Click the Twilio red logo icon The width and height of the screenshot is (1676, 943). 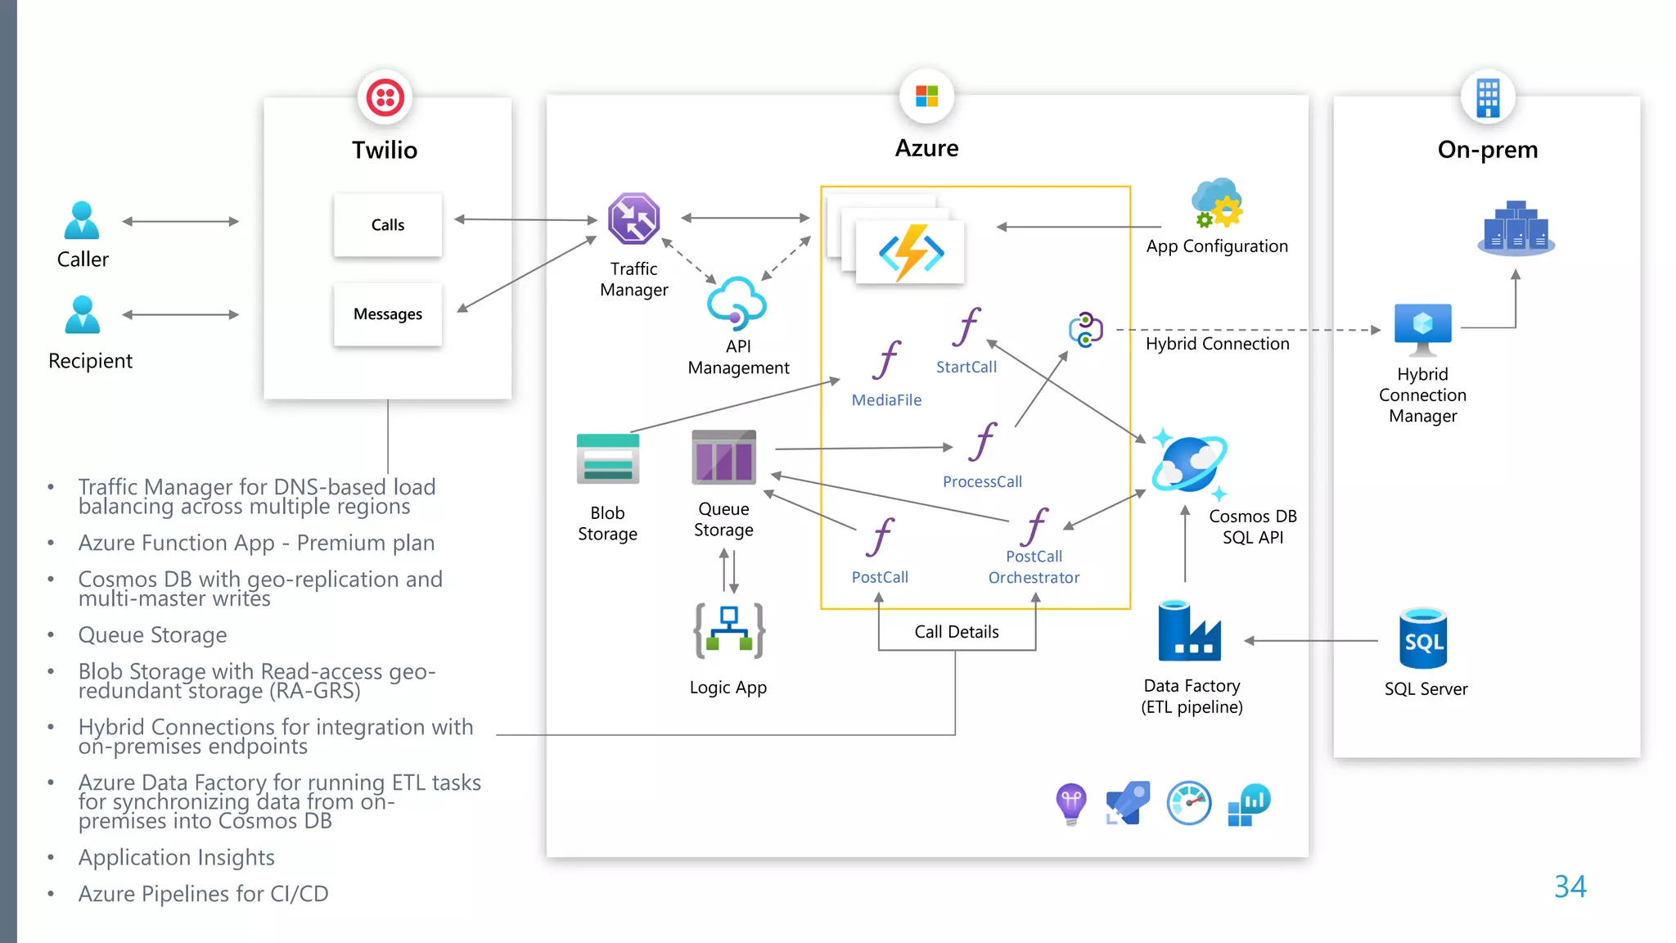point(385,97)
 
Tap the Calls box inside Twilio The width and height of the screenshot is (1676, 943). point(388,225)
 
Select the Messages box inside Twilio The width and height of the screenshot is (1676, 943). point(388,314)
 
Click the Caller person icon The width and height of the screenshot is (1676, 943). point(82,221)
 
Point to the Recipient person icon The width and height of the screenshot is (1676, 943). point(82,315)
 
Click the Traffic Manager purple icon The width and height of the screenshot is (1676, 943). point(633,219)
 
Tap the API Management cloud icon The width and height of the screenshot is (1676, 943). point(736,303)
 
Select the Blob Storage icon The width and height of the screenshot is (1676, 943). point(607,459)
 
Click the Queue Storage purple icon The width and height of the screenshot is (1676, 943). point(723,457)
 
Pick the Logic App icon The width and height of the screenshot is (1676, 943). point(728,631)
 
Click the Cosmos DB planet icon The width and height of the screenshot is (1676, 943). point(1189,463)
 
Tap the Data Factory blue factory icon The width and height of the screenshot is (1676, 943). point(1189,631)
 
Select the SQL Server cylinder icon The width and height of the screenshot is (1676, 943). point(1423,638)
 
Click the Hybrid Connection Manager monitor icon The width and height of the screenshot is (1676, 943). point(1422,328)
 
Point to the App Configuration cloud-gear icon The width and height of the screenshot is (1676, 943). point(1217,204)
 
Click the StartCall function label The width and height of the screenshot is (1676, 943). point(966,368)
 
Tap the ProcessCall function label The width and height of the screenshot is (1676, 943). point(982,482)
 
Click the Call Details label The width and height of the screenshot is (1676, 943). point(957,632)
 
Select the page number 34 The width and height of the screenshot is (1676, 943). point(1570,887)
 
